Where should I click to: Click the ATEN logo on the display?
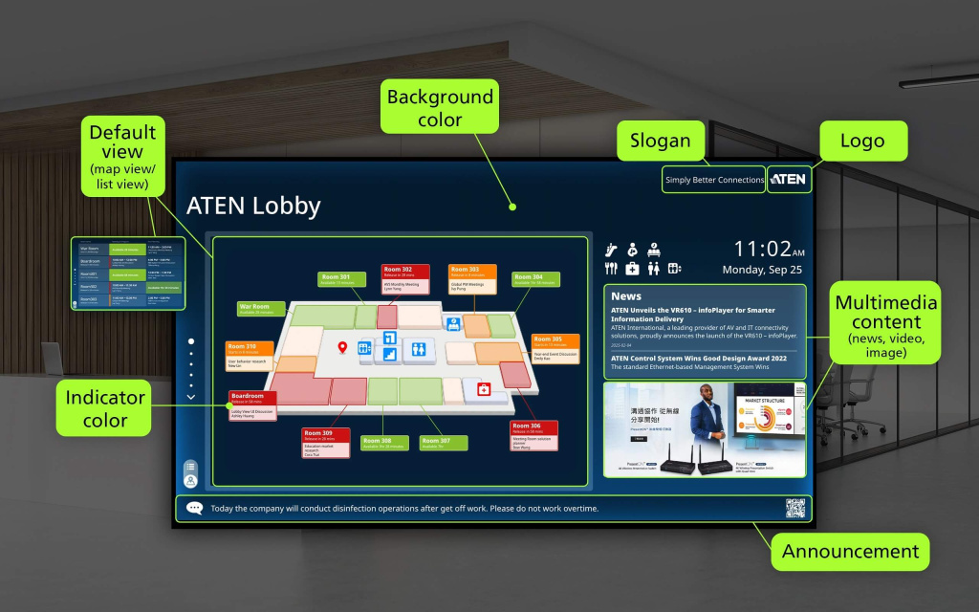coord(788,179)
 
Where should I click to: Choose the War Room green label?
coord(261,309)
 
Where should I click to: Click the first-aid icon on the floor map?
coord(484,389)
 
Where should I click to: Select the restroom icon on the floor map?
coord(419,350)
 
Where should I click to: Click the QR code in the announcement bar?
coord(795,508)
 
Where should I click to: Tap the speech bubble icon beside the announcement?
coord(195,509)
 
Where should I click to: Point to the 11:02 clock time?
coord(762,249)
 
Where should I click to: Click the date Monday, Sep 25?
coord(762,270)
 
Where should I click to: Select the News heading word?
coord(626,296)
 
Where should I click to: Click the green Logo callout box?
coord(861,141)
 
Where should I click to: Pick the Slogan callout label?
coord(661,141)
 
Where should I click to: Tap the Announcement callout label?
coord(850,552)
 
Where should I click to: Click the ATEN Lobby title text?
coord(253,206)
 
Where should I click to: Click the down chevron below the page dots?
coord(191,397)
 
